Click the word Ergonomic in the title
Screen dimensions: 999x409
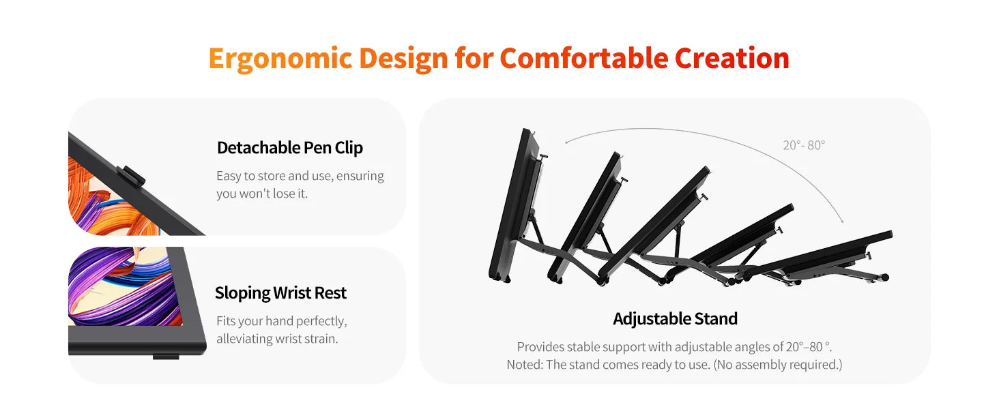coord(280,59)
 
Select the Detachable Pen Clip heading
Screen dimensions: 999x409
coord(290,148)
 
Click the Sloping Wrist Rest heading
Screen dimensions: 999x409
coord(280,293)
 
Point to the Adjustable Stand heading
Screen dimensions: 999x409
coord(676,319)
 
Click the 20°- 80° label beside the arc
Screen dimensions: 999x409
coord(804,145)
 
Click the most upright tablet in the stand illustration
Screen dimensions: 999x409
coord(517,205)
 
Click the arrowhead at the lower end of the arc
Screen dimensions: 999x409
coord(842,221)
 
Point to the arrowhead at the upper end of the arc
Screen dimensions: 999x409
coord(566,142)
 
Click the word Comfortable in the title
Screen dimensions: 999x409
coord(584,59)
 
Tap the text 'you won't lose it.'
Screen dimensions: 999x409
coord(262,194)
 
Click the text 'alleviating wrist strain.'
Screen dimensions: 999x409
coord(278,339)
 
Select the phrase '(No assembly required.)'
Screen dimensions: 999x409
coord(778,365)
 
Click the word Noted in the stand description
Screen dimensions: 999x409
coord(525,365)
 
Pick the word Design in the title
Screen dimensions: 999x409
coord(403,59)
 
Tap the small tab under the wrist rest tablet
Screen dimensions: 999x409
coord(166,357)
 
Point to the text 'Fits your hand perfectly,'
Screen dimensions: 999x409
coord(282,321)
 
